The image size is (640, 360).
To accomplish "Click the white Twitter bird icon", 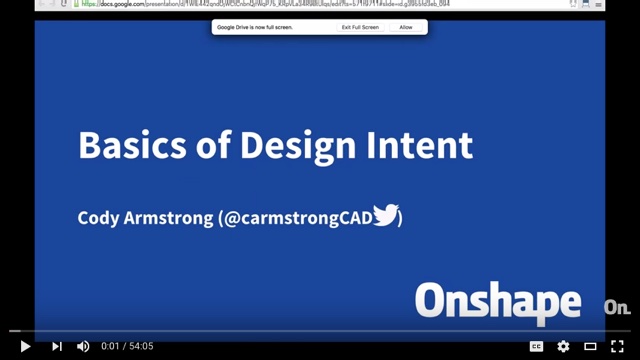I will point(385,216).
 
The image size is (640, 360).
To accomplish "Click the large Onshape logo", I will point(498,303).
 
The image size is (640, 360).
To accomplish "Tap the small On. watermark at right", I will point(616,307).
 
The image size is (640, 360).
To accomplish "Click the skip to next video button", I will point(57,346).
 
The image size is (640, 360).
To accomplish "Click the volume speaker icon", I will point(83,346).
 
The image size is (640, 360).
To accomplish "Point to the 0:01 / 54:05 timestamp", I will point(127,346).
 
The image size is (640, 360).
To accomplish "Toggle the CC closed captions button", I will point(536,346).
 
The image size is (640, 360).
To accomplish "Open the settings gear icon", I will point(563,346).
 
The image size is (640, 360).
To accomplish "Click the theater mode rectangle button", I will point(590,346).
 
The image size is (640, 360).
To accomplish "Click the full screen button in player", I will point(617,346).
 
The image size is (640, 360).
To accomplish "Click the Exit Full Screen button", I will point(359,27).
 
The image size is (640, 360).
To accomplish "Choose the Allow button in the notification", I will point(405,27).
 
